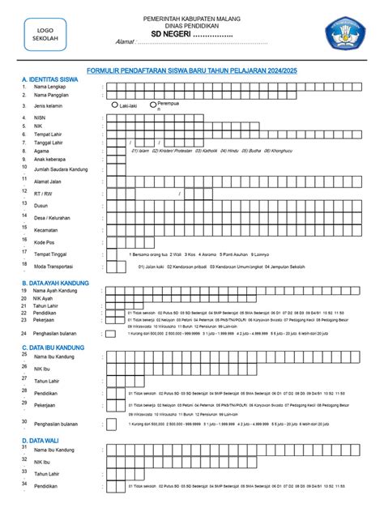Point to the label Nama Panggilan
52,95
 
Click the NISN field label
41,118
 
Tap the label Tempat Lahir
49,134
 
